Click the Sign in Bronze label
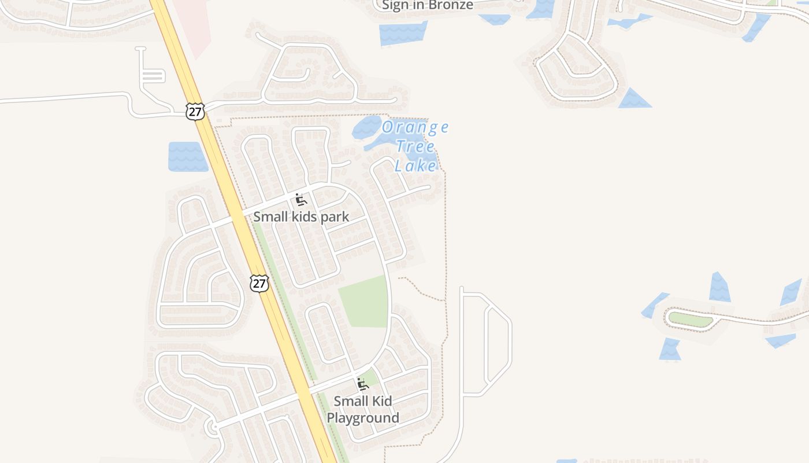click(x=428, y=5)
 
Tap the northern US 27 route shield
click(x=195, y=111)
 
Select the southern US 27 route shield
click(x=259, y=283)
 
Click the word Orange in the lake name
click(x=415, y=127)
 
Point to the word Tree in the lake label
click(x=415, y=146)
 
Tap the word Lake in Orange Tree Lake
click(x=415, y=166)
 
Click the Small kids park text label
click(x=301, y=217)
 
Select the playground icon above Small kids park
click(x=300, y=200)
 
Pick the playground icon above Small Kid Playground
click(x=363, y=384)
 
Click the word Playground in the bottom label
click(x=363, y=418)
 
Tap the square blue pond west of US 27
click(x=187, y=156)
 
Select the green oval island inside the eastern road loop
click(x=691, y=319)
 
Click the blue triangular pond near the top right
click(x=634, y=100)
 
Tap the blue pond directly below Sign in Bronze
click(x=403, y=34)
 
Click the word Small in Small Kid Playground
click(x=350, y=401)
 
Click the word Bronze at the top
click(x=451, y=5)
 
